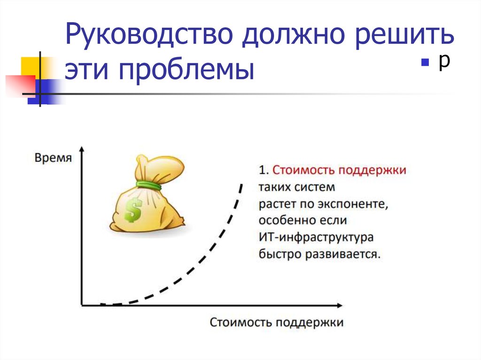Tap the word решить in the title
[x=407, y=37]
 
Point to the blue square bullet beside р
[x=426, y=63]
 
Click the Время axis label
[x=54, y=158]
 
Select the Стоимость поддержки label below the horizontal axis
[x=276, y=322]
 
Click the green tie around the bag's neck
[x=149, y=185]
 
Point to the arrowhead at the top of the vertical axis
[x=82, y=150]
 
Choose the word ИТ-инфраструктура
[x=316, y=237]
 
